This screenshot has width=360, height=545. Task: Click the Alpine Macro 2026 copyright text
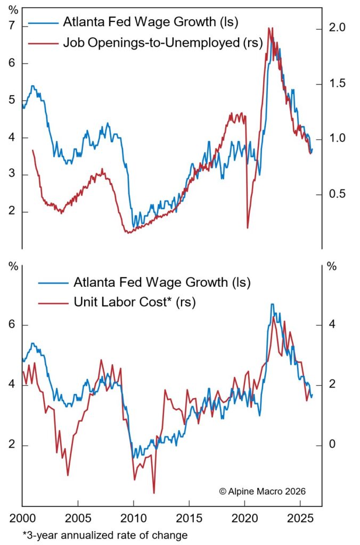click(x=262, y=491)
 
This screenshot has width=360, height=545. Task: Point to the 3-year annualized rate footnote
click(x=105, y=535)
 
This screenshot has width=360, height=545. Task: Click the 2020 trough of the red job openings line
click(x=248, y=228)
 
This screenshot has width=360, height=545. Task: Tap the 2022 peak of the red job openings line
click(x=270, y=28)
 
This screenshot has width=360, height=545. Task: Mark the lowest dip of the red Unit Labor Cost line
click(x=153, y=493)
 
